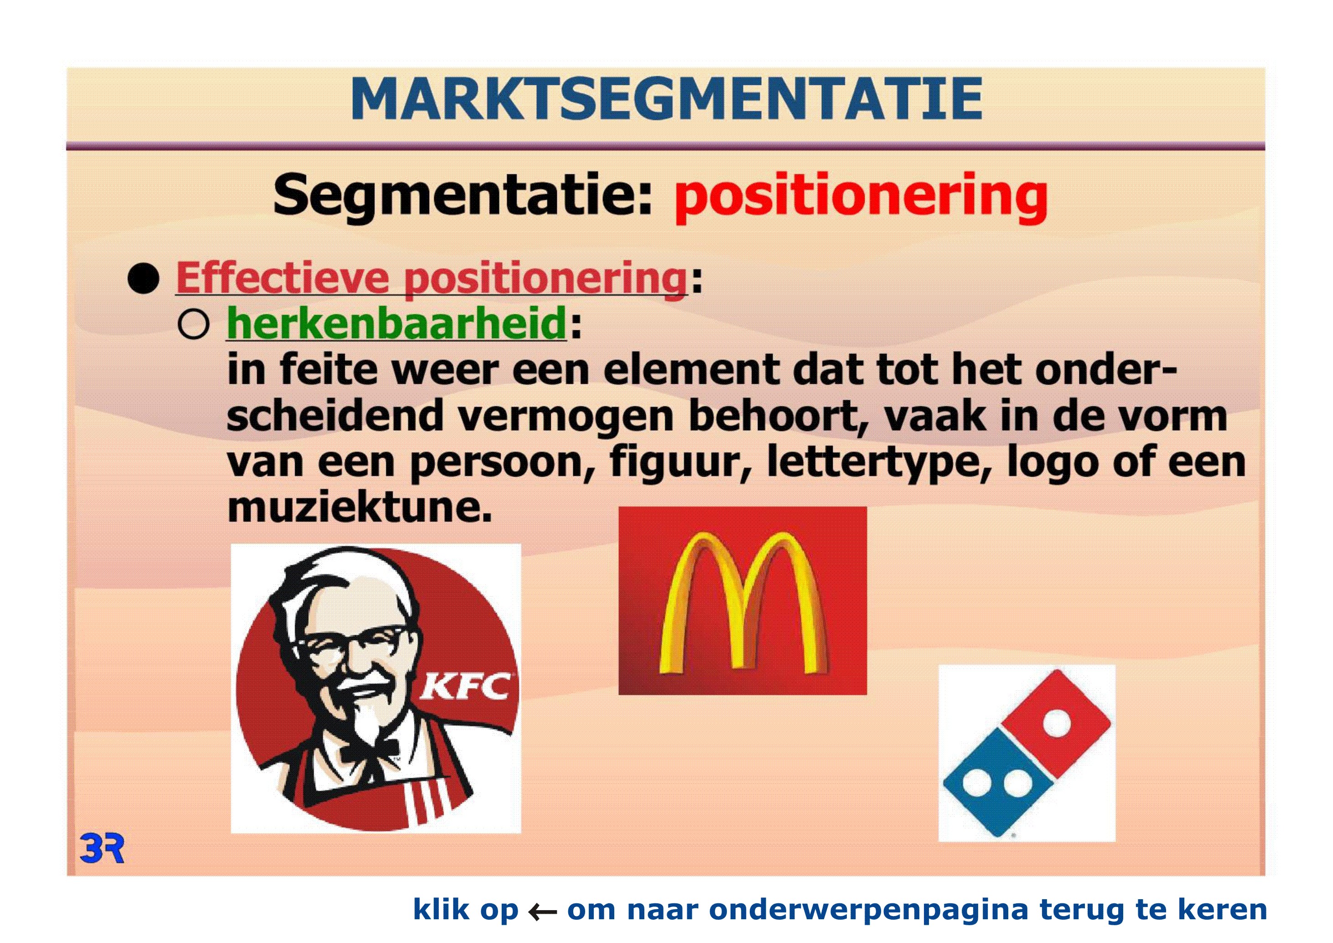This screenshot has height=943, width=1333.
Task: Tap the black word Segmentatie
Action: coord(463,194)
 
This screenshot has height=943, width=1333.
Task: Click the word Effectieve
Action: coord(282,278)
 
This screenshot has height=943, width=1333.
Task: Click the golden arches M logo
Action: coord(743,603)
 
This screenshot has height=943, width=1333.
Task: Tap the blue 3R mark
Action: coord(102,849)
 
